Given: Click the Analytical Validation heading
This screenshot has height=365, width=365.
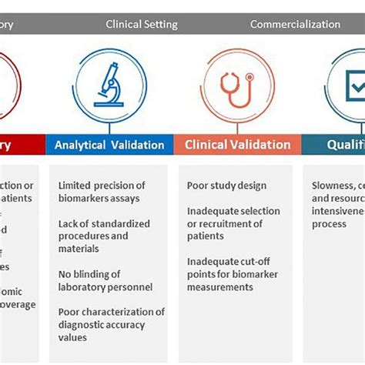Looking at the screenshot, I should [109, 145].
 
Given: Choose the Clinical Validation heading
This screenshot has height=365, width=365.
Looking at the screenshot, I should [237, 145].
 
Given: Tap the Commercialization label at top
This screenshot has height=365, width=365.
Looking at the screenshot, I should [295, 24].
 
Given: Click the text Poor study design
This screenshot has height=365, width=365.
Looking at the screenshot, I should [226, 186].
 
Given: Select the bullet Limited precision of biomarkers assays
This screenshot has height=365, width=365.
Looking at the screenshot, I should [102, 192].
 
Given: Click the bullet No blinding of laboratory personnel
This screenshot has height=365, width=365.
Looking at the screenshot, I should [105, 281].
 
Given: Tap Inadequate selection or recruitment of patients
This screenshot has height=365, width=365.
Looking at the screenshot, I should [233, 223].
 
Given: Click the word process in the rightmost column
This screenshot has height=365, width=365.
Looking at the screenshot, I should [330, 224].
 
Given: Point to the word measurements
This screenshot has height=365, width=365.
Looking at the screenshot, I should [219, 287].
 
